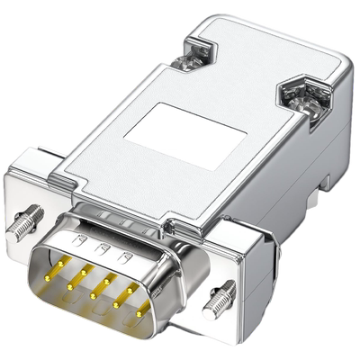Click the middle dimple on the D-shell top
click(103, 247)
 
